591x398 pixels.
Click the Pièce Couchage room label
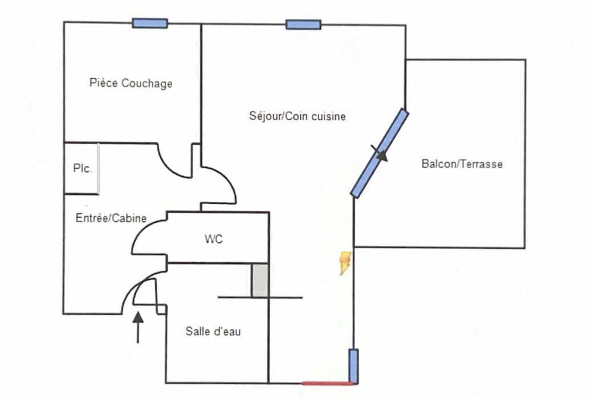coord(131,83)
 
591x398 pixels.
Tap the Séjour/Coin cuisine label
coord(297,116)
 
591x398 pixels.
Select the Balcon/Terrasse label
coord(462,164)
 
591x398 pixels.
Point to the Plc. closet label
coord(82,169)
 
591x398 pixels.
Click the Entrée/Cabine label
coord(111,218)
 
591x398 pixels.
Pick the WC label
coord(214,239)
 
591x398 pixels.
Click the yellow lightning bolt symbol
coord(345,263)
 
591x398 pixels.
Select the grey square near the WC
coord(260,281)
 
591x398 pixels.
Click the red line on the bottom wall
coord(327,383)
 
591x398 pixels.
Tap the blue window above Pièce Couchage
coord(150,23)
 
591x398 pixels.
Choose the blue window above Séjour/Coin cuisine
coord(303,24)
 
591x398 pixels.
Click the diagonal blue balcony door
coord(380,153)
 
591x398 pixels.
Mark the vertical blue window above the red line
coord(353,366)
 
